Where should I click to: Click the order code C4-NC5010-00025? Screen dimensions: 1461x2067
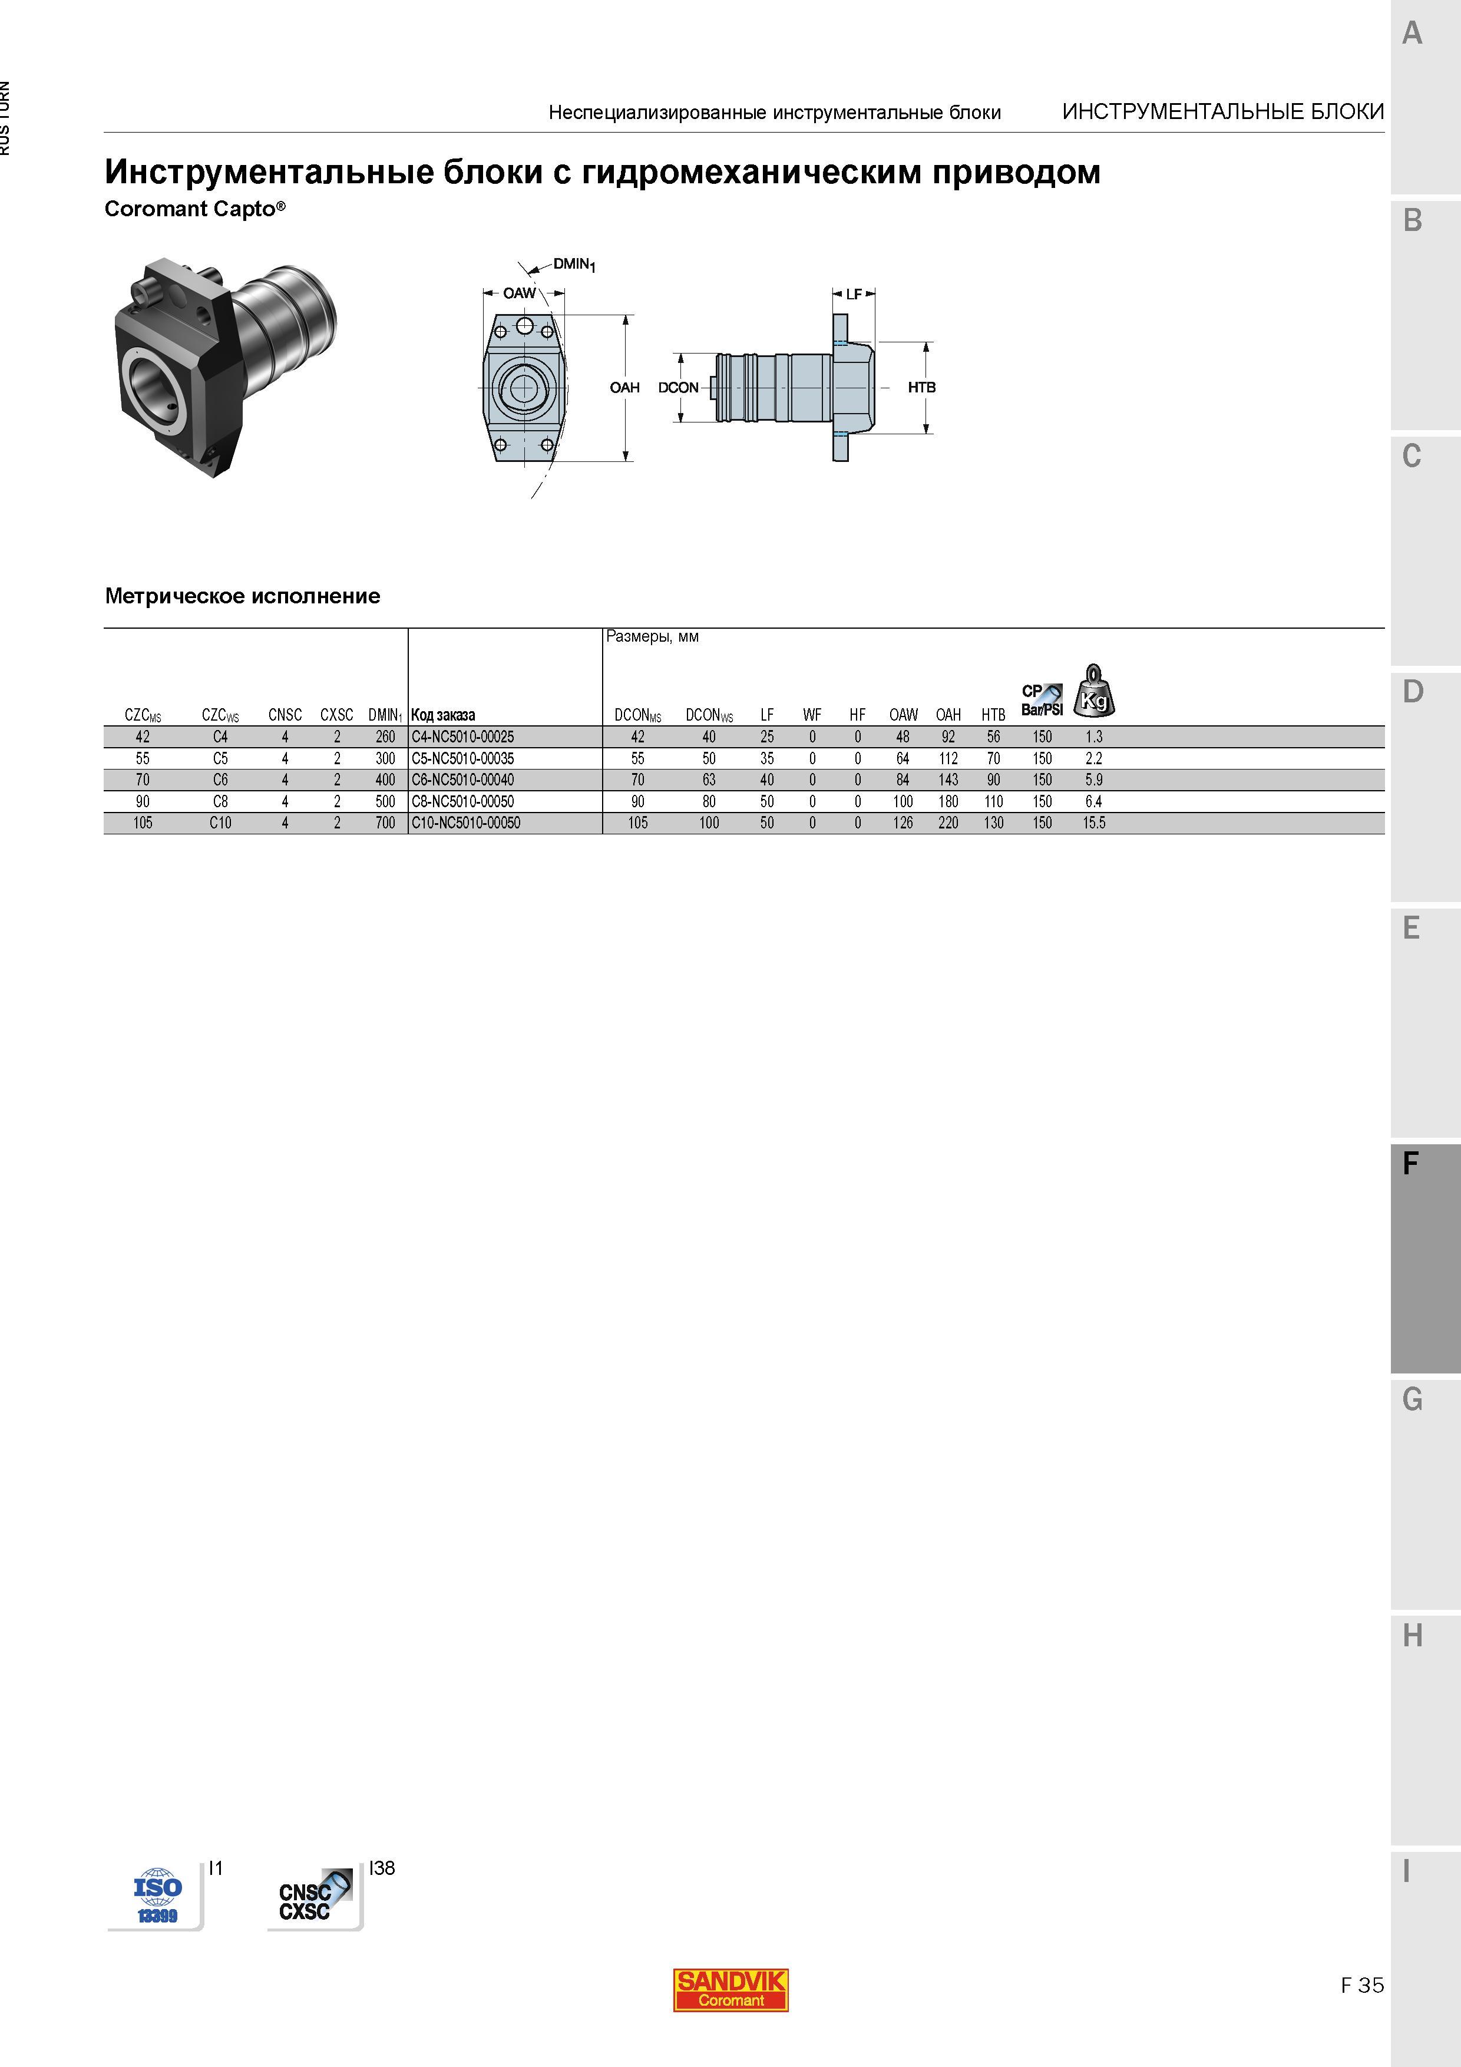tap(462, 737)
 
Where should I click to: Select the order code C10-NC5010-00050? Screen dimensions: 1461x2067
tap(465, 823)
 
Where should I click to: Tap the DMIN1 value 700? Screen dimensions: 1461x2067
tap(385, 823)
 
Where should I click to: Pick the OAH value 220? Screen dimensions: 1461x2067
tap(948, 823)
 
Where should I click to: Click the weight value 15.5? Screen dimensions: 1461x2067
tap(1094, 823)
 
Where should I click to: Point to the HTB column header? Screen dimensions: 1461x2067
tap(993, 715)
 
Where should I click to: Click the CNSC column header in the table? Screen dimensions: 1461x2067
tap(285, 715)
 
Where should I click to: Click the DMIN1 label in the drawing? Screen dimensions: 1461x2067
tap(574, 265)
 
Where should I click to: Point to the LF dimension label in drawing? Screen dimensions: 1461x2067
tap(854, 293)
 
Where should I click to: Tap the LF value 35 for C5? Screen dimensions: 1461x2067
tap(767, 758)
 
